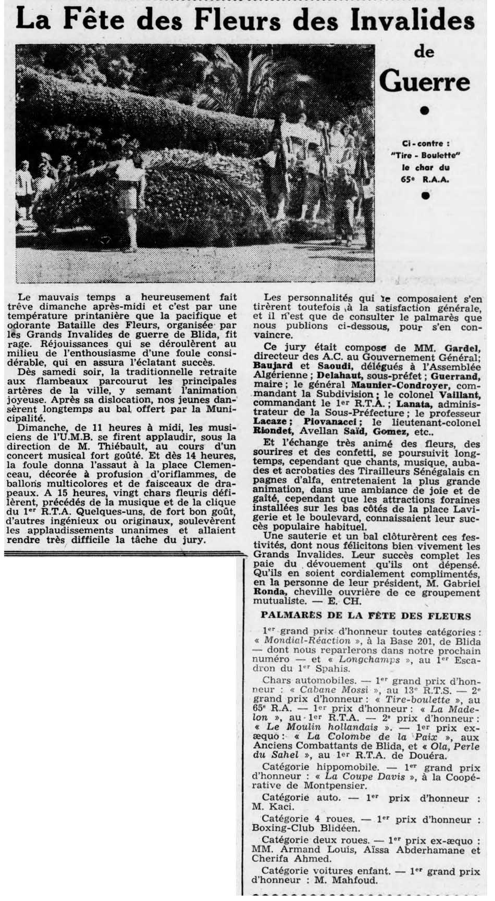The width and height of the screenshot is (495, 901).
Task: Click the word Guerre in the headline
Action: [x=425, y=82]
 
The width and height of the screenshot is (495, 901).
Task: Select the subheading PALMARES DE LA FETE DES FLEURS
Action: [x=366, y=616]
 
